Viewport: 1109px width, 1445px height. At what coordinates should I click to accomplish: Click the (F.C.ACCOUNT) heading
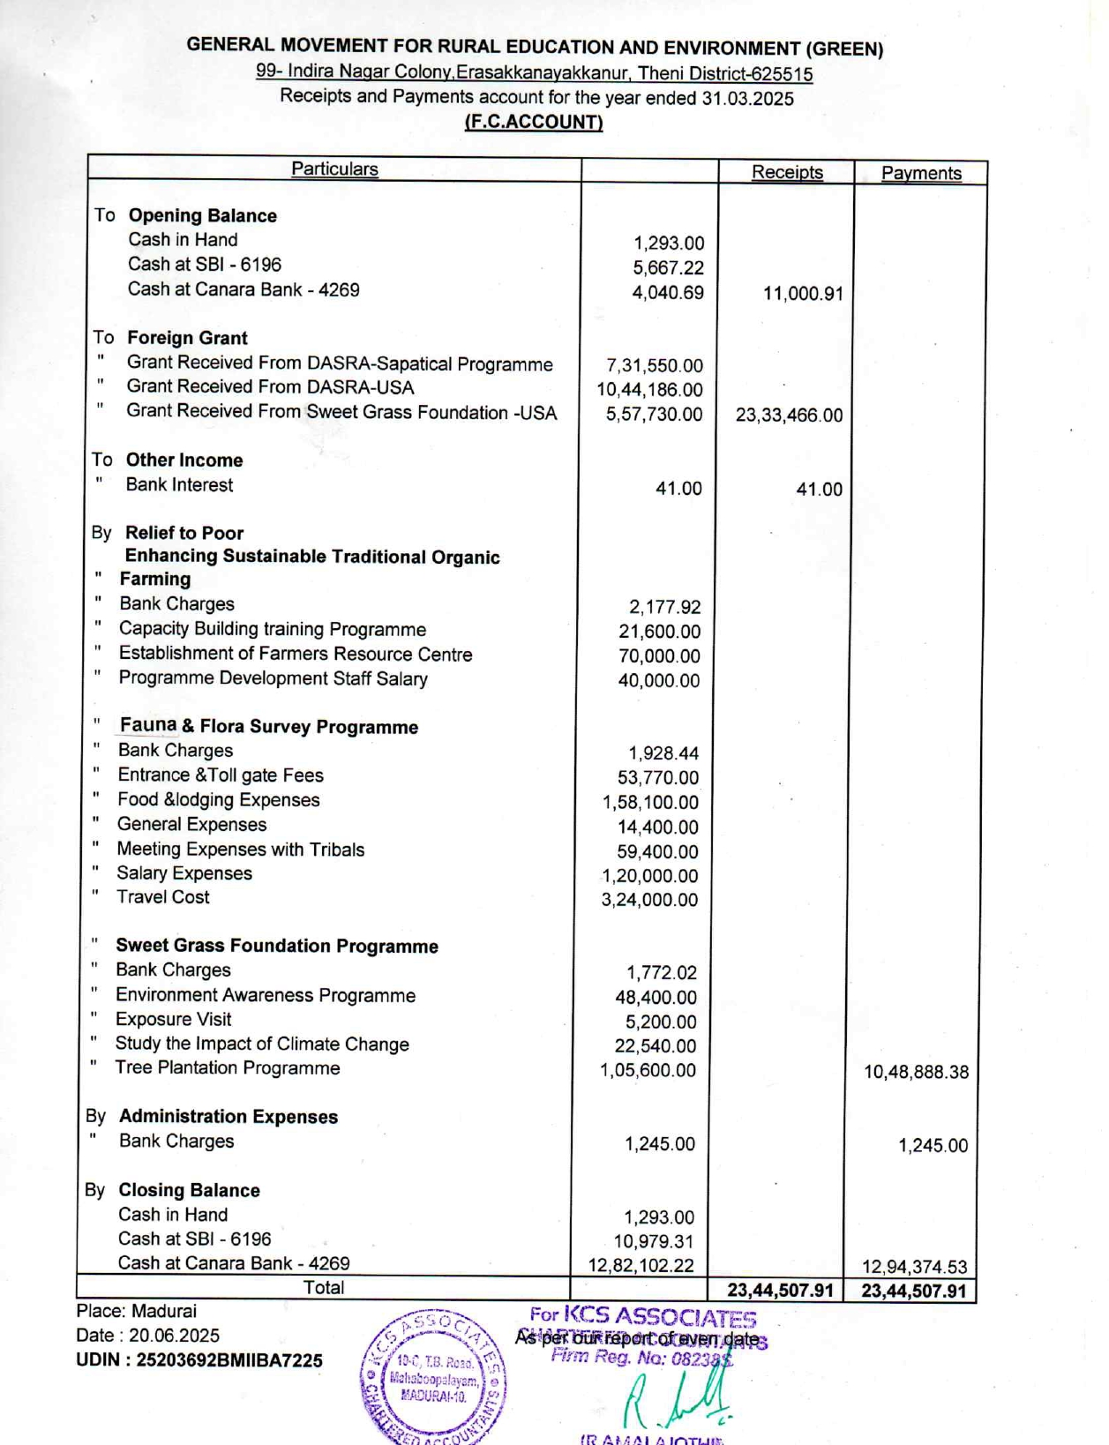tap(534, 122)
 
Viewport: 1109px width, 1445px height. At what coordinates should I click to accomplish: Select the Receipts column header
tap(787, 172)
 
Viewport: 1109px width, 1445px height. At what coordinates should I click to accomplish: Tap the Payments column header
tap(921, 173)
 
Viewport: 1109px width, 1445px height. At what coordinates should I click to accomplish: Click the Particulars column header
tap(334, 168)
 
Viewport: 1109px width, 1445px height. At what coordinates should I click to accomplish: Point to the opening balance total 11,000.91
tap(803, 293)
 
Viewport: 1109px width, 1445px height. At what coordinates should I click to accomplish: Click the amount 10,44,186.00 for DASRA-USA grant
tap(650, 389)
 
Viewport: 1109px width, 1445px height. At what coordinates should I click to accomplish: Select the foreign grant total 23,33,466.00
tap(789, 415)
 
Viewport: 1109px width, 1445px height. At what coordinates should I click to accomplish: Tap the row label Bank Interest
tap(179, 484)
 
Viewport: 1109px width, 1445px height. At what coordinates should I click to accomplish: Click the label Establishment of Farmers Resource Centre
tap(296, 654)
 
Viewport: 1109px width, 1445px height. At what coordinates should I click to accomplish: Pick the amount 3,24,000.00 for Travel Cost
tap(649, 900)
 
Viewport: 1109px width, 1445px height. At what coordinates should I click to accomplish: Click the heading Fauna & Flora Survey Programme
tap(269, 726)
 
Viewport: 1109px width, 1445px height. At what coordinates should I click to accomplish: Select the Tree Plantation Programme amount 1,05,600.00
tap(648, 1070)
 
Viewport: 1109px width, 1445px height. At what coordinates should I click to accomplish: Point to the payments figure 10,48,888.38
tap(916, 1072)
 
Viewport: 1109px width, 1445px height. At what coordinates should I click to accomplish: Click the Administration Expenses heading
tap(228, 1116)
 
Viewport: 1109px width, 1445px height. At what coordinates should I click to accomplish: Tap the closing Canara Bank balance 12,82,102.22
tap(641, 1265)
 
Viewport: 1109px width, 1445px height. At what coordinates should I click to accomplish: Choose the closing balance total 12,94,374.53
tap(914, 1267)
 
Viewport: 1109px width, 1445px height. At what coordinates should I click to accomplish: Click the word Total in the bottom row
tap(324, 1287)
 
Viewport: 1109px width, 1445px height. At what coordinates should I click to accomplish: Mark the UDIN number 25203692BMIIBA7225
tap(199, 1360)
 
